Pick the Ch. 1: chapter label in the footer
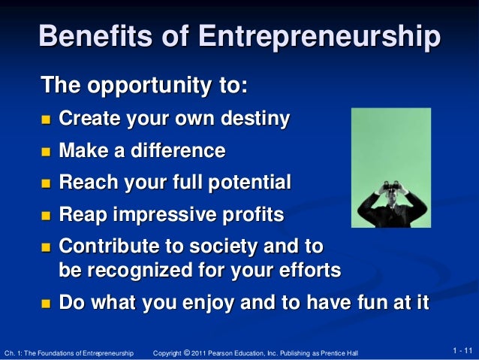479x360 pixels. [x=14, y=352]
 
